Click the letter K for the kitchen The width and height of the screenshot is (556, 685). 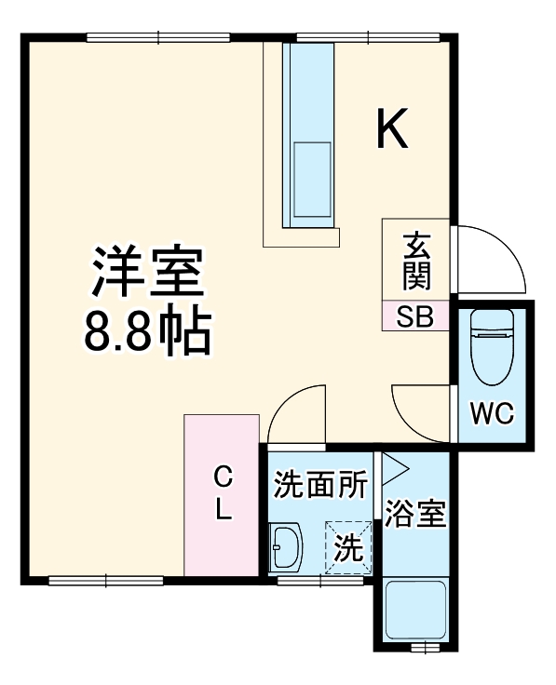(392, 129)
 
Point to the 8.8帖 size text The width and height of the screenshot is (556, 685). (147, 331)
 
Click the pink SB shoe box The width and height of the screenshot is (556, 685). (415, 316)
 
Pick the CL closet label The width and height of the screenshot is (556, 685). (222, 494)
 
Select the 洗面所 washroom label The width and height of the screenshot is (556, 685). (319, 485)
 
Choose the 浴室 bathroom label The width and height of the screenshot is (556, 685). (414, 513)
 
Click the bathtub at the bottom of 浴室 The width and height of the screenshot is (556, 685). (414, 610)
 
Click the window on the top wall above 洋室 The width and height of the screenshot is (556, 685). (158, 37)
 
